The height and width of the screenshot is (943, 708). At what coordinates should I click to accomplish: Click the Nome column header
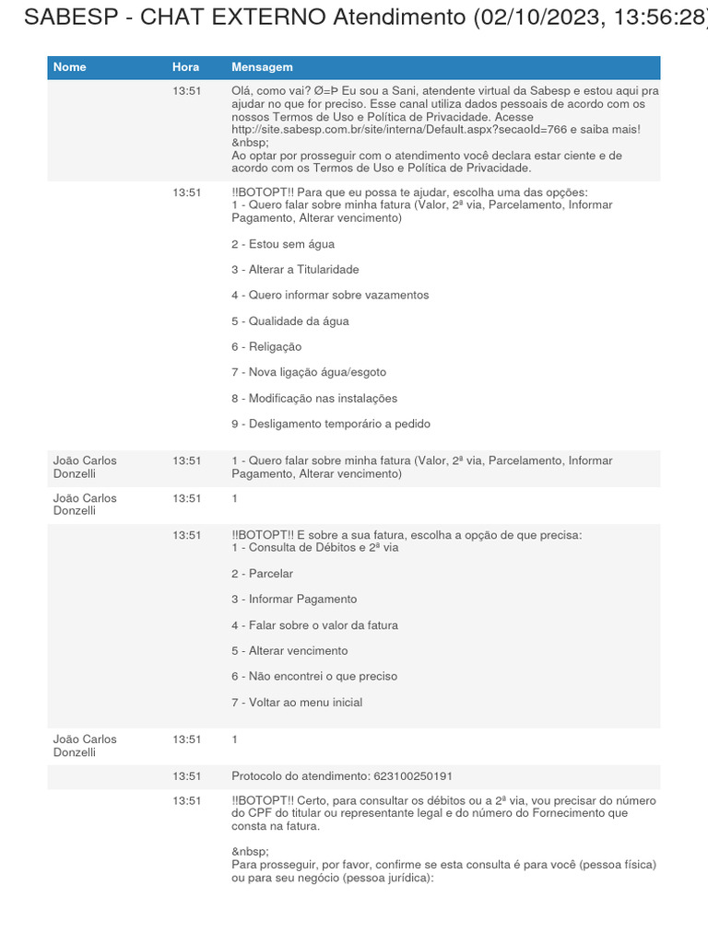pos(69,67)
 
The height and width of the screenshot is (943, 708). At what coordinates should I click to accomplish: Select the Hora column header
pos(185,67)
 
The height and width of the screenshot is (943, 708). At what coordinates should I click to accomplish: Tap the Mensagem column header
pos(262,67)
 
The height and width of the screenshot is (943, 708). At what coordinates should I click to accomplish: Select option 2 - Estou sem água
pos(283,244)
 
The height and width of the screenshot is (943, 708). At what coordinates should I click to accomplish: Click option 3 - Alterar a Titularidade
pos(295,270)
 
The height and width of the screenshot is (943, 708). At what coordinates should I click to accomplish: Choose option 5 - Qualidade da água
pos(289,321)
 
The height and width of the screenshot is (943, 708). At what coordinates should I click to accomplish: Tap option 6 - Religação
pos(266,347)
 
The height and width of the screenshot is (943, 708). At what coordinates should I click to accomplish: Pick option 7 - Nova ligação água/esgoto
pos(309,372)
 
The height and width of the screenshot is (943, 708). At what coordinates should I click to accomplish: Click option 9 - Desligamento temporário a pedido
pos(331,425)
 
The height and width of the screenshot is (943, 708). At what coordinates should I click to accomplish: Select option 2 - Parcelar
pos(262,574)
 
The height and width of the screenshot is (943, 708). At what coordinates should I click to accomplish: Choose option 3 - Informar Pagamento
pos(294,600)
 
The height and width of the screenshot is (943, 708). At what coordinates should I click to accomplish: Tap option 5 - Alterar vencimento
pos(289,651)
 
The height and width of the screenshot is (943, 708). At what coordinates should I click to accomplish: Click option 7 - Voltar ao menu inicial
pos(297,703)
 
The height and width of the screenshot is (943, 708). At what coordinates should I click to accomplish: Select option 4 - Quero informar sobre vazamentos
pos(330,296)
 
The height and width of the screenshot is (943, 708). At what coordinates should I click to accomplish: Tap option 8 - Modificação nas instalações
pos(314,399)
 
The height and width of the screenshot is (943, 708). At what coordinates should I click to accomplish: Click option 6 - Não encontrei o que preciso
pos(314,677)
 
